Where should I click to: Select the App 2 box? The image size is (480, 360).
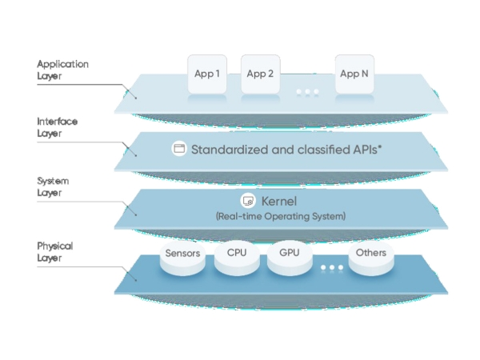pyautogui.click(x=260, y=74)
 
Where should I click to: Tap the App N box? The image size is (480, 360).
pyautogui.click(x=354, y=74)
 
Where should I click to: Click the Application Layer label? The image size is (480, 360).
pyautogui.click(x=62, y=70)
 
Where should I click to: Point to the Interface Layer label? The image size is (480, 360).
pyautogui.click(x=58, y=127)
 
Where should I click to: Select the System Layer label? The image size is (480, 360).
pyautogui.click(x=54, y=186)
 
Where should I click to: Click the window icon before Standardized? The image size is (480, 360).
pyautogui.click(x=179, y=149)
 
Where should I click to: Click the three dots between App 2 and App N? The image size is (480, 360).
pyautogui.click(x=307, y=93)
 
